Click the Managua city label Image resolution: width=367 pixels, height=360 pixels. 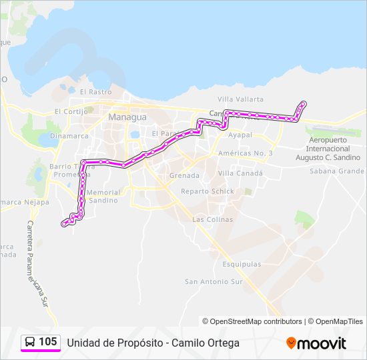tap(127, 117)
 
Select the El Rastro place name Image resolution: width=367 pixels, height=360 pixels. tap(95, 92)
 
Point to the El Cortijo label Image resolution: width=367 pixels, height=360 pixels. tap(71, 111)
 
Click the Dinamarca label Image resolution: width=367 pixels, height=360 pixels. tap(68, 135)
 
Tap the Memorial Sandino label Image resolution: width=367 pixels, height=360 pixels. tap(104, 196)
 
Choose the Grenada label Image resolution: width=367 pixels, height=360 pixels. tap(185, 175)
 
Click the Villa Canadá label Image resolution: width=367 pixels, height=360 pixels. tap(240, 173)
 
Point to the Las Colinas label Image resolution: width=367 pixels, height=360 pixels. tap(212, 219)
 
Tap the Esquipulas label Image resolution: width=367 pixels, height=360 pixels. tap(242, 264)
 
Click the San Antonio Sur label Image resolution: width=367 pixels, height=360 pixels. tap(214, 281)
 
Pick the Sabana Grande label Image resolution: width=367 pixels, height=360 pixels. tap(336, 171)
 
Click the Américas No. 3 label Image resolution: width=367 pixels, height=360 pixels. tap(246, 153)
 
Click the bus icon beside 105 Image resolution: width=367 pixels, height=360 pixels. tap(30, 342)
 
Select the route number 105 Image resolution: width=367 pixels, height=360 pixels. tap(48, 342)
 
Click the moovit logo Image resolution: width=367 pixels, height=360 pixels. tap(316, 343)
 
